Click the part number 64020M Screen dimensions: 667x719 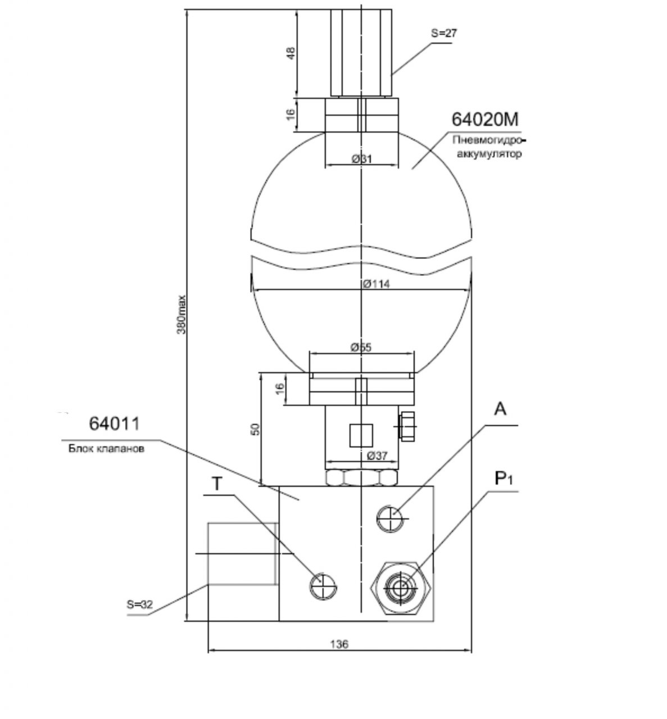point(485,119)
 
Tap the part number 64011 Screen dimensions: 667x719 point(114,423)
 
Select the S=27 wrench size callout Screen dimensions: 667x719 point(444,33)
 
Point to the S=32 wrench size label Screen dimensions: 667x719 point(139,604)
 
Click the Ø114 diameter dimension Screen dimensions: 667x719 point(376,284)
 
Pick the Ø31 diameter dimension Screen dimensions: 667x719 point(361,158)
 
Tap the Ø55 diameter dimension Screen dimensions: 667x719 point(361,347)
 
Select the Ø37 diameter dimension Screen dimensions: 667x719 point(377,456)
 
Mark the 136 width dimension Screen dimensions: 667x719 point(339,644)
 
